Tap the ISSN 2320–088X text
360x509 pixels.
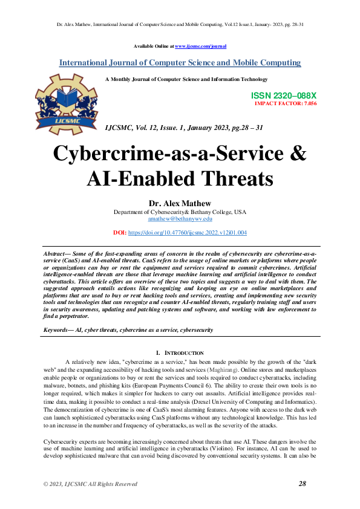(x=283, y=96)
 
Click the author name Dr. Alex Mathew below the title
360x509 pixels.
(x=180, y=203)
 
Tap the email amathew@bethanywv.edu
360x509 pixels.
(x=180, y=220)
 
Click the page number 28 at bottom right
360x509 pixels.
(x=303, y=484)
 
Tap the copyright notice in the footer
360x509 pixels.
(x=90, y=484)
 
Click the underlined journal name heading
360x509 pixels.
(x=180, y=63)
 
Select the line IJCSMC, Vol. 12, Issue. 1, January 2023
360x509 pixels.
(x=184, y=128)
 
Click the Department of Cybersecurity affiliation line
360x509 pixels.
(x=180, y=212)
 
